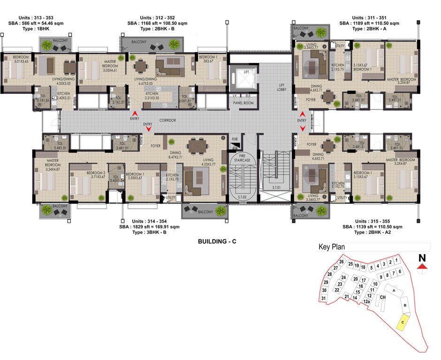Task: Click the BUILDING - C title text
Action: pyautogui.click(x=220, y=242)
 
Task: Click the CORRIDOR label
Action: pyautogui.click(x=167, y=120)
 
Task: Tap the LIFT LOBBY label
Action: pyautogui.click(x=281, y=86)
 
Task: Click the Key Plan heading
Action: pyautogui.click(x=332, y=247)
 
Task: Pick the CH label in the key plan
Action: pyautogui.click(x=383, y=297)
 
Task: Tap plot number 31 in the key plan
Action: pyautogui.click(x=324, y=299)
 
